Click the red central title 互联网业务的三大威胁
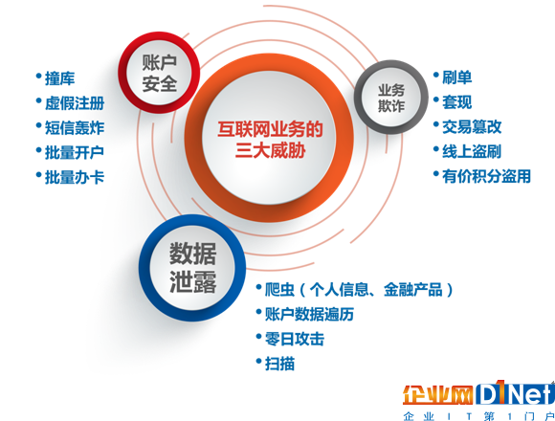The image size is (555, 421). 270,140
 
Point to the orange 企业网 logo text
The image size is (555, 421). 438,395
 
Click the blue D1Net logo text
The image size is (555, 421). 515,392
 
